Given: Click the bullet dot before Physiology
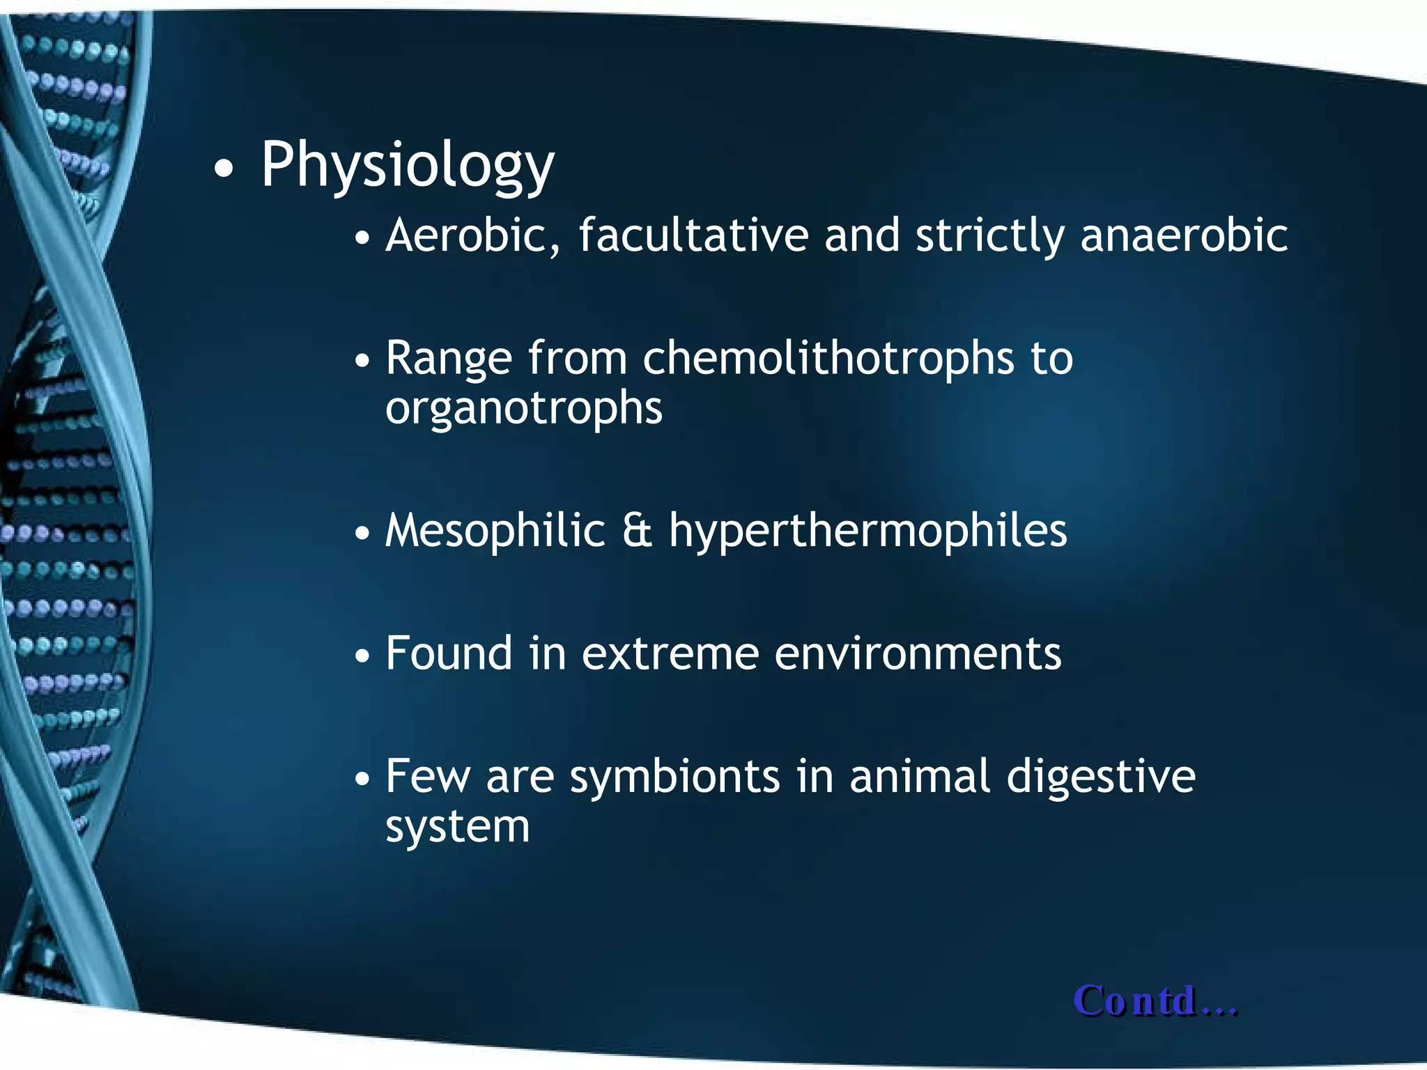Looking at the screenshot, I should click(x=223, y=169).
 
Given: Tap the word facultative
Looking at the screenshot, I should click(x=693, y=235).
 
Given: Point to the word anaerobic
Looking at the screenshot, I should click(x=1183, y=235).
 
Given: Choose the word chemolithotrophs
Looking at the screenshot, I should click(x=828, y=358).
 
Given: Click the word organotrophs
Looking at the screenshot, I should click(x=523, y=408).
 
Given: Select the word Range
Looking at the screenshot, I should click(x=448, y=359).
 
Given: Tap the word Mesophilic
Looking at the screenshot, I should click(x=495, y=531).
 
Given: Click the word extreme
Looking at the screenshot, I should click(x=670, y=655).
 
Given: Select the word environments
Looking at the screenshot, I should click(x=918, y=655).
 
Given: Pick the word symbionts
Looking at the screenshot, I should click(x=674, y=777).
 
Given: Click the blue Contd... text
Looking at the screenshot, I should click(x=1155, y=1002).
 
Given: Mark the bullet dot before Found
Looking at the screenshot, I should click(x=362, y=656).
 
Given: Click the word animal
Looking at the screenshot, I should click(x=919, y=777).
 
